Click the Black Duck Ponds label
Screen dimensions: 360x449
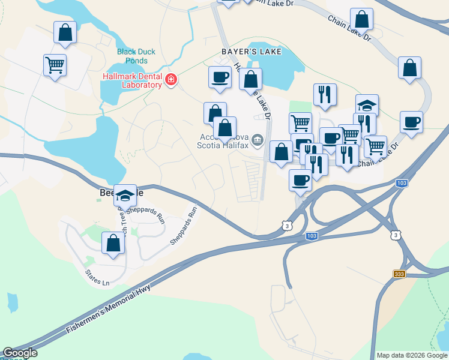click(136, 56)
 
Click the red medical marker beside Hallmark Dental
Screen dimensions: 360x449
click(171, 80)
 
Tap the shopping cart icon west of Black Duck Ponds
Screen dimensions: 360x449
click(55, 64)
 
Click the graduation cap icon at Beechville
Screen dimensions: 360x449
click(125, 195)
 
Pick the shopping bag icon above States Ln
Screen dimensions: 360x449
click(113, 243)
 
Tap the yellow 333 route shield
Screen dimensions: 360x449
click(399, 274)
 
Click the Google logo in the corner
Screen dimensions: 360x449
click(19, 353)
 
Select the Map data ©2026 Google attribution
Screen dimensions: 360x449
click(411, 355)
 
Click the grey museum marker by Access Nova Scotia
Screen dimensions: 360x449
click(258, 140)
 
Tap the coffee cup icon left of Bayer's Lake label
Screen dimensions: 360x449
click(220, 77)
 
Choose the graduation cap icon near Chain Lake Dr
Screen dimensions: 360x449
click(367, 106)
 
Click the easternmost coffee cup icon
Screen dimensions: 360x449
click(411, 122)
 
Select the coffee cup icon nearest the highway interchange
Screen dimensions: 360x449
click(300, 179)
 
